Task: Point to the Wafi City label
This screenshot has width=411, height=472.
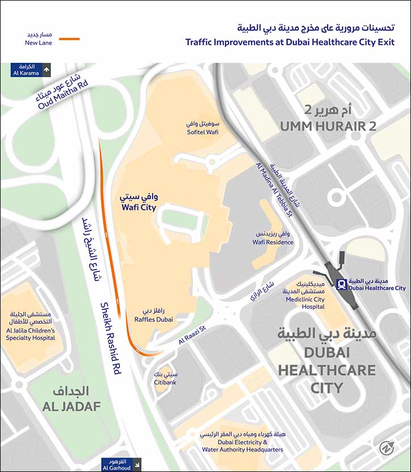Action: tap(138, 203)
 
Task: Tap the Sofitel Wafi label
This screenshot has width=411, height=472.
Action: tap(202, 127)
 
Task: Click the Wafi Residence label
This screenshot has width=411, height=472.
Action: tap(273, 238)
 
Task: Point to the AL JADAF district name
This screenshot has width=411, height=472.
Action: tap(71, 406)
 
